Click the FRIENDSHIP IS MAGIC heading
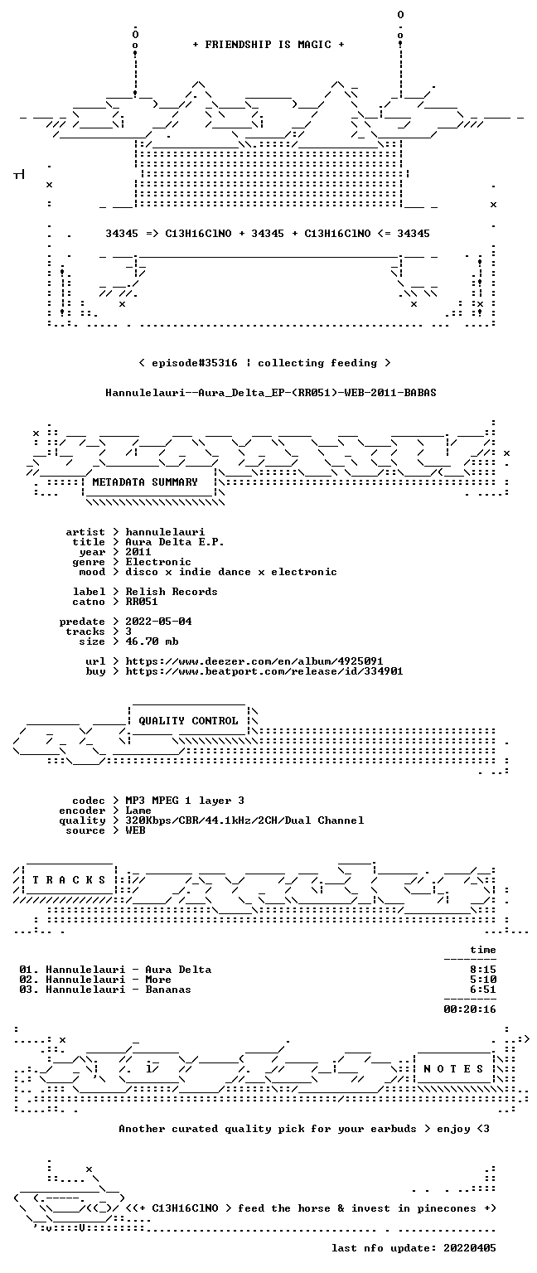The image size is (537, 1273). [x=268, y=44]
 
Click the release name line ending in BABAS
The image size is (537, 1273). [x=270, y=393]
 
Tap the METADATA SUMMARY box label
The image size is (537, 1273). [x=145, y=482]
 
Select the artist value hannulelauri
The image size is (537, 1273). [x=166, y=532]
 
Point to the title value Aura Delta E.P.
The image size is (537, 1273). [x=175, y=542]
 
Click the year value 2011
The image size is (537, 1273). [x=138, y=552]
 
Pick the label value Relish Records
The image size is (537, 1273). [x=172, y=592]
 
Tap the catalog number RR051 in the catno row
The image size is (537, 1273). [x=142, y=602]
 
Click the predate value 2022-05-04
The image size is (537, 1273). [x=158, y=622]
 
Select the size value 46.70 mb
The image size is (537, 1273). [x=152, y=641]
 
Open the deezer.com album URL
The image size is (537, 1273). [x=254, y=661]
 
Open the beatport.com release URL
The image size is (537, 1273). [x=264, y=671]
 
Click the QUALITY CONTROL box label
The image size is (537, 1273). [x=188, y=720]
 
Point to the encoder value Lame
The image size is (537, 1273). [x=138, y=811]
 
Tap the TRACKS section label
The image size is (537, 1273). [x=69, y=879]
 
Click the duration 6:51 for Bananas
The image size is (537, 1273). [x=483, y=990]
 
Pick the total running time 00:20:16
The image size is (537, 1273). [x=470, y=1009]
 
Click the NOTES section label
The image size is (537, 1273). [x=453, y=1069]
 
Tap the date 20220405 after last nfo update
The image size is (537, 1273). [x=470, y=1248]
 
